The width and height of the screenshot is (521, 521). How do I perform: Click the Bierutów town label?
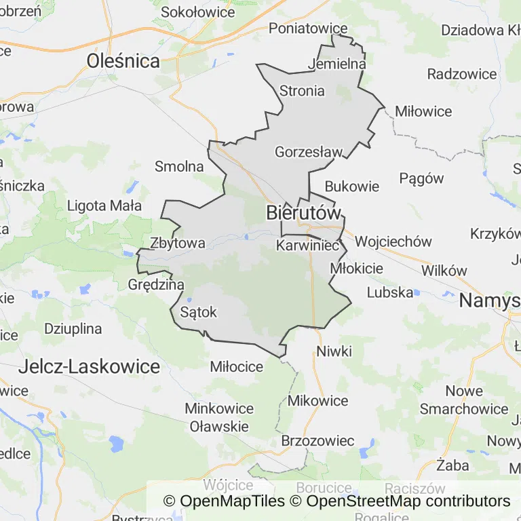[303, 212]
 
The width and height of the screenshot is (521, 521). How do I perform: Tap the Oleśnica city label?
[123, 62]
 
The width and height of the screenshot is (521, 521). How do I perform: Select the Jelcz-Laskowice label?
[90, 367]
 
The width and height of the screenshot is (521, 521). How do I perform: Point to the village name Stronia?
[302, 90]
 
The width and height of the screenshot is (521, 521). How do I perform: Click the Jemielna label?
[337, 64]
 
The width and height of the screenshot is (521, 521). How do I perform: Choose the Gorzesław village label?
[309, 152]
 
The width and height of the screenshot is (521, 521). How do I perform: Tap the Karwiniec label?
[307, 246]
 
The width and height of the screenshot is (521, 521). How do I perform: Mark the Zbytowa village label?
[178, 243]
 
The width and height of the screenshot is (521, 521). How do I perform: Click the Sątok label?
[199, 312]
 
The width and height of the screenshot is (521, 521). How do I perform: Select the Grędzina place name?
[156, 284]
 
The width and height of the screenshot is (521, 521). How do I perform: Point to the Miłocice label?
[237, 367]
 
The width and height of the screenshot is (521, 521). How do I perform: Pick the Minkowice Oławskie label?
[219, 417]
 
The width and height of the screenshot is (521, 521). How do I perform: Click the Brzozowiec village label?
[317, 441]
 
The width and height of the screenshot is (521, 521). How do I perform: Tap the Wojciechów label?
[393, 242]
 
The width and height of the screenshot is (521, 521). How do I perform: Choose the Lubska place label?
[390, 292]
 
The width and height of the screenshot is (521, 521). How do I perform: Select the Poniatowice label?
[308, 28]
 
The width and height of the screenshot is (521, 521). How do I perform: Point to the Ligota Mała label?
[104, 206]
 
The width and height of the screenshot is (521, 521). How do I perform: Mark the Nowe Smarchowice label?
[464, 400]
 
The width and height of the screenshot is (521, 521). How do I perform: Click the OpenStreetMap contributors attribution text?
[408, 501]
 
